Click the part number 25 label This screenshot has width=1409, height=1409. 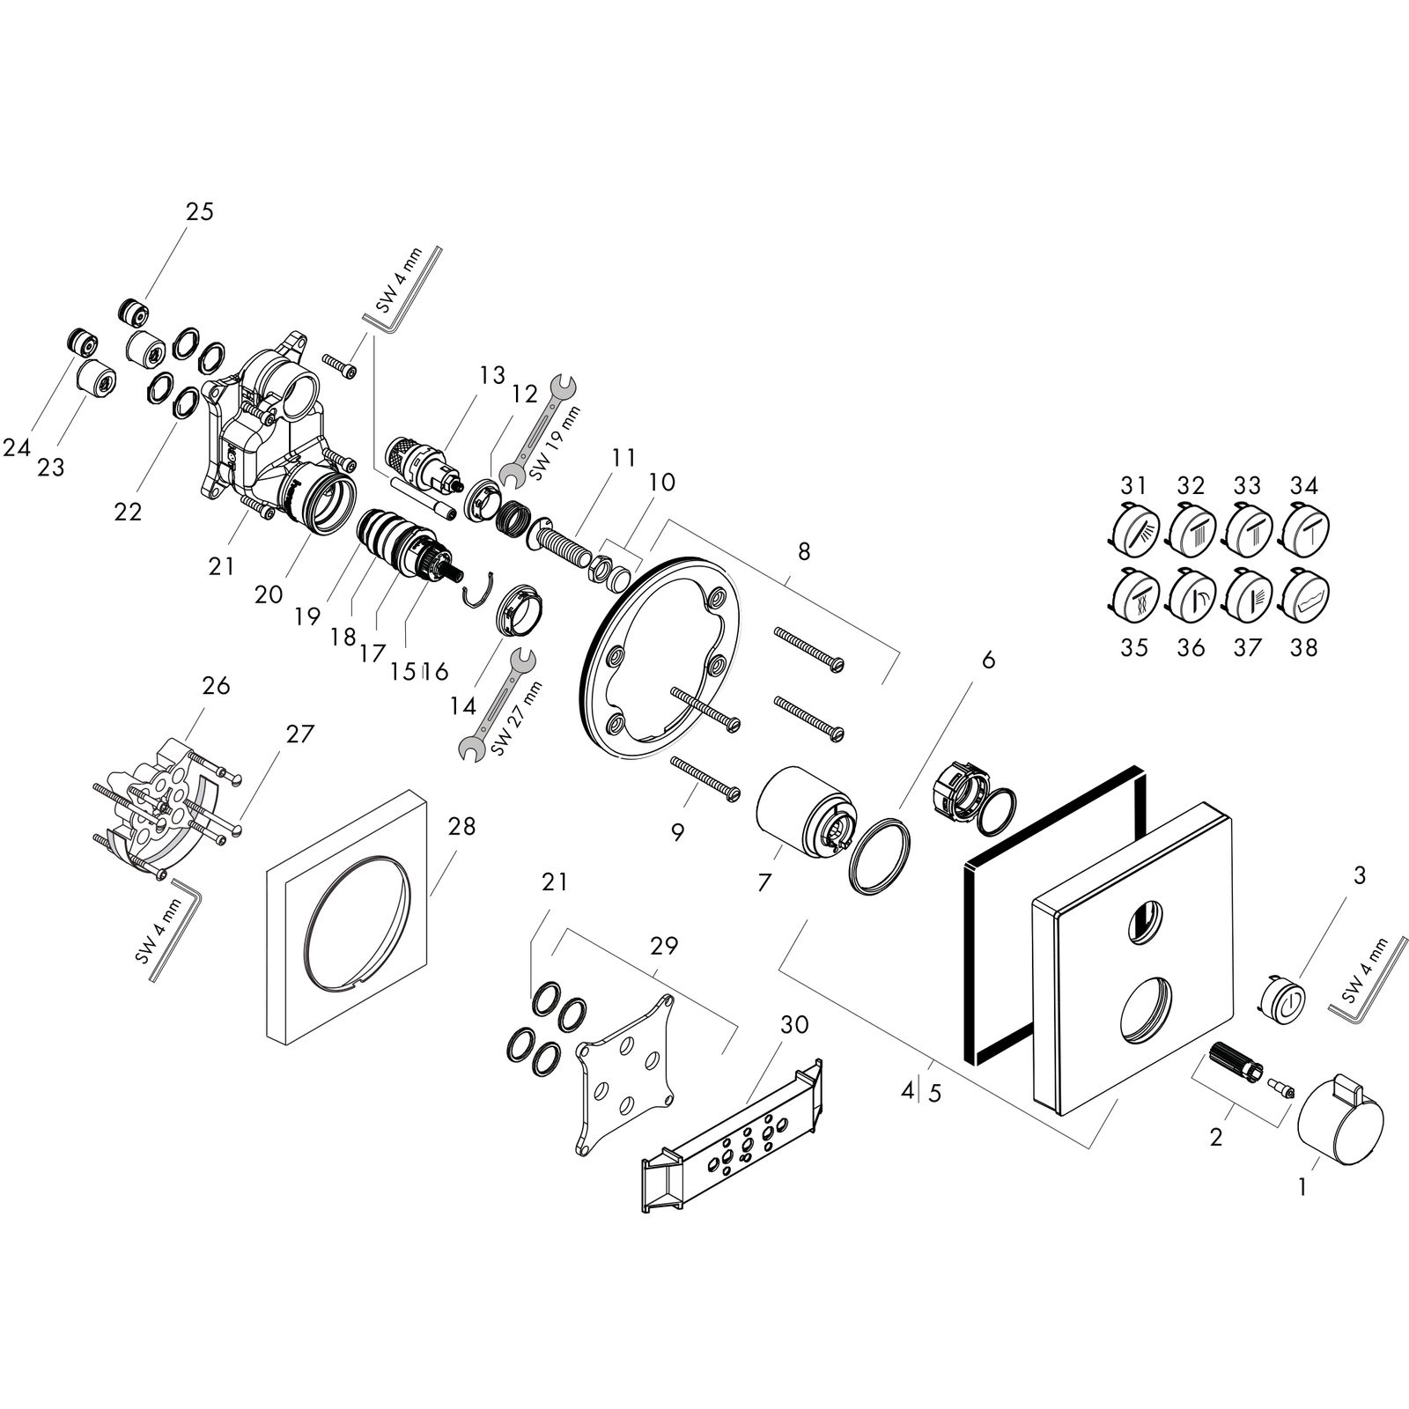(x=200, y=212)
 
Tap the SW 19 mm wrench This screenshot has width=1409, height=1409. (x=539, y=430)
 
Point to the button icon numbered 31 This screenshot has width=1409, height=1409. (x=1132, y=533)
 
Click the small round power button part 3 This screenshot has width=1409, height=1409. (x=1285, y=999)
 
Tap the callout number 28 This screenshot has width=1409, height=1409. (x=461, y=827)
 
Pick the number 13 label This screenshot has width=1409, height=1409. (x=492, y=376)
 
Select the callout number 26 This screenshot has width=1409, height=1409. (x=216, y=685)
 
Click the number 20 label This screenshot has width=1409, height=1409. (x=269, y=595)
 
